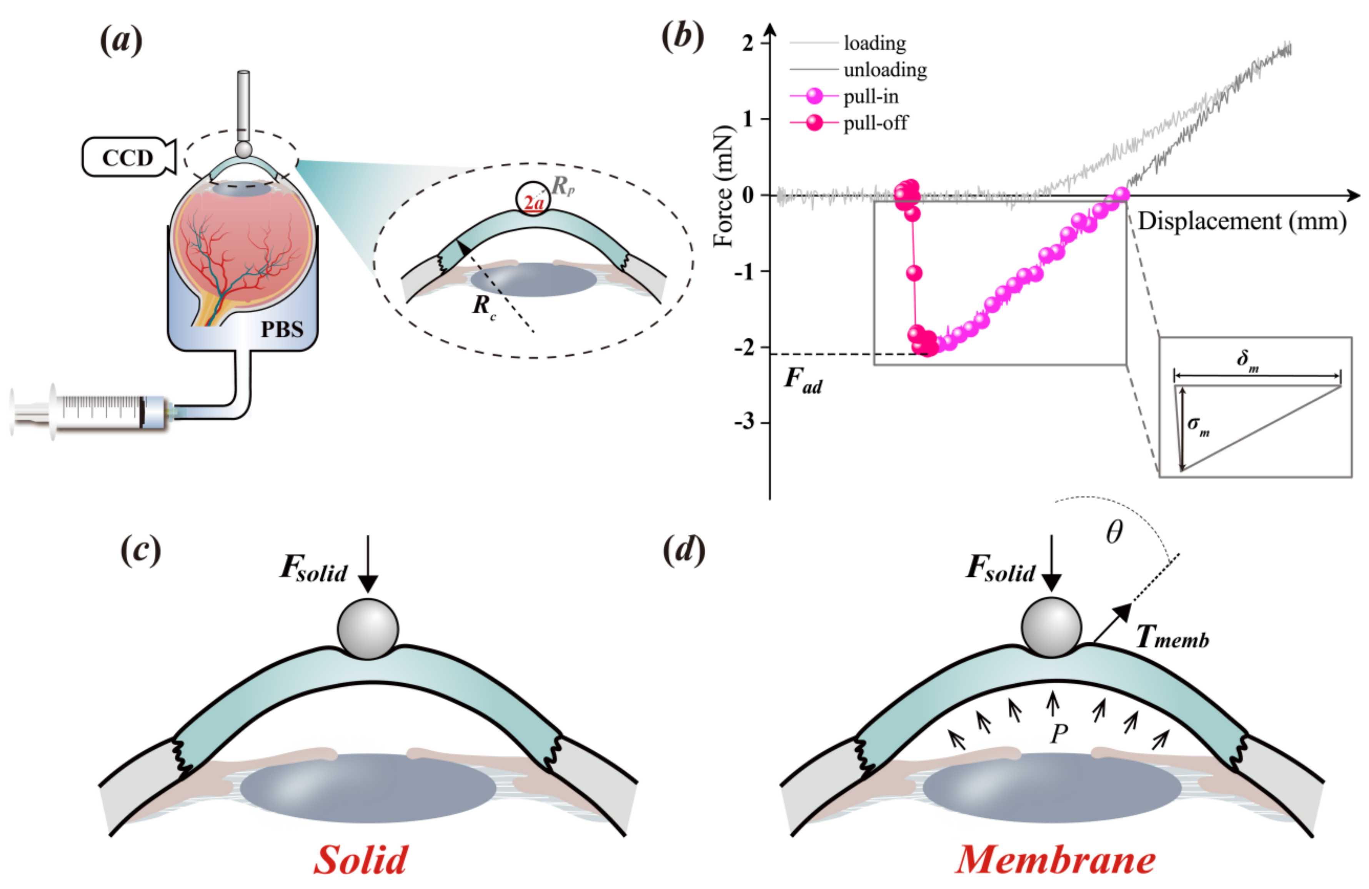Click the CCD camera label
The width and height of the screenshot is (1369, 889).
pyautogui.click(x=127, y=157)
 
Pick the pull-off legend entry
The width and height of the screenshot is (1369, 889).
pyautogui.click(x=875, y=123)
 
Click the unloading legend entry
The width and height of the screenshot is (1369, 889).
pyautogui.click(x=885, y=70)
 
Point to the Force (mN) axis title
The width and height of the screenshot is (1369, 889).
pyautogui.click(x=724, y=185)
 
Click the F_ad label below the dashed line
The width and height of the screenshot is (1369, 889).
pyautogui.click(x=803, y=381)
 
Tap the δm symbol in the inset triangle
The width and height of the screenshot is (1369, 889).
pyautogui.click(x=1247, y=361)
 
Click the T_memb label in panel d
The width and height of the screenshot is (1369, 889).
pyautogui.click(x=1172, y=637)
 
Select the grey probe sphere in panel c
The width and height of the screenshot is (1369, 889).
pyautogui.click(x=368, y=629)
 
